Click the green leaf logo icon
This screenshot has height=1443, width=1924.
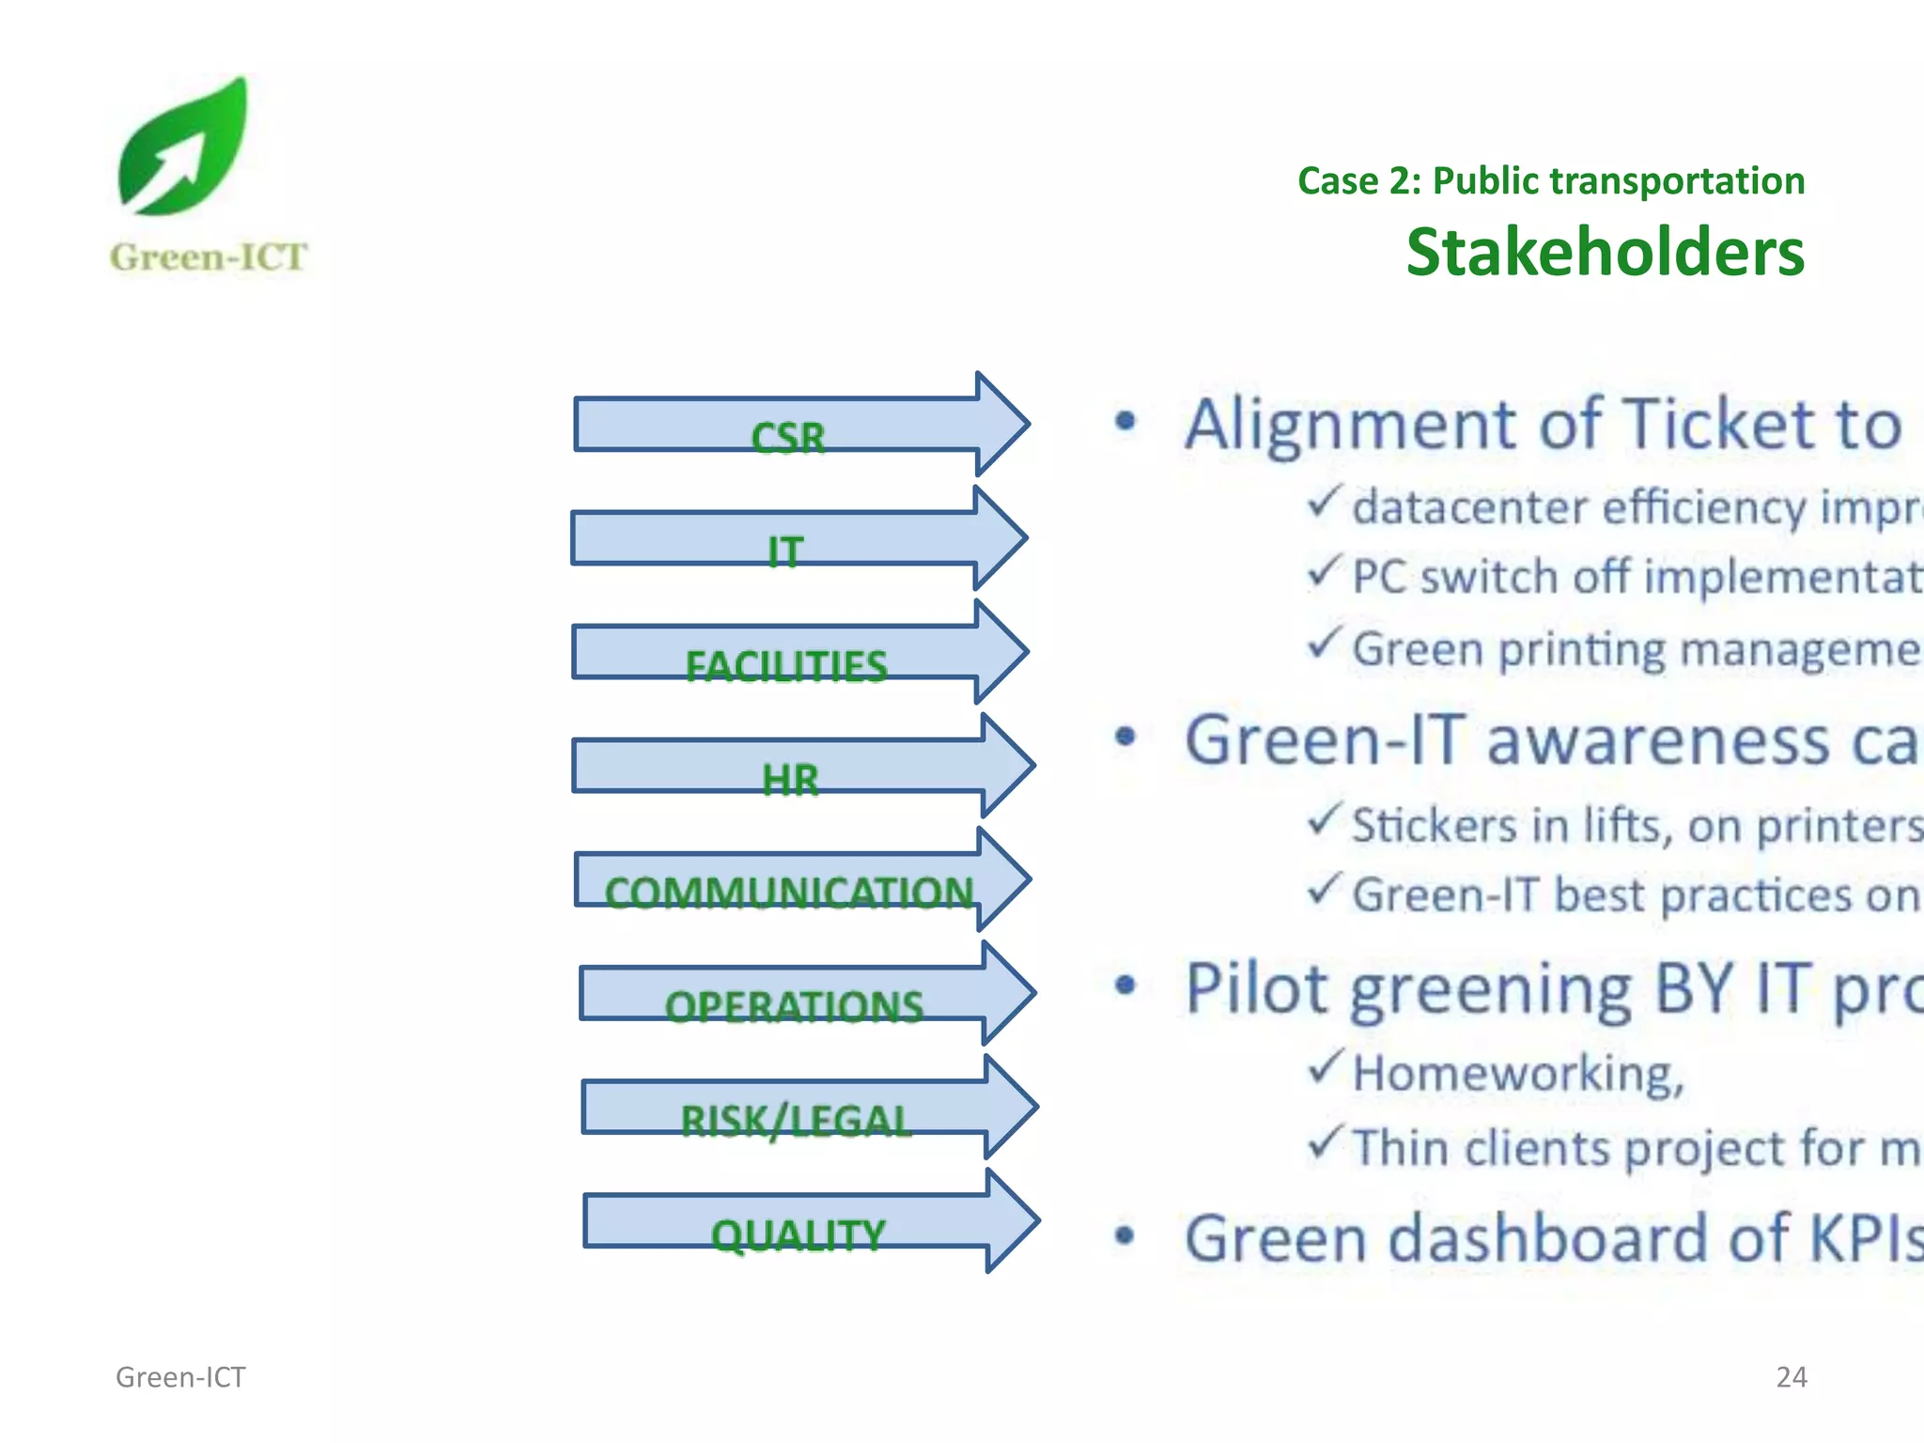point(184,147)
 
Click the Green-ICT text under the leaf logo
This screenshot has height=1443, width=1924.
point(208,257)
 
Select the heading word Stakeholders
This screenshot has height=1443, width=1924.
point(1605,253)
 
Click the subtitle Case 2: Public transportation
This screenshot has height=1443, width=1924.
point(1550,180)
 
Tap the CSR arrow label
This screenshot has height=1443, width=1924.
point(787,438)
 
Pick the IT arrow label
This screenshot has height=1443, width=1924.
point(785,551)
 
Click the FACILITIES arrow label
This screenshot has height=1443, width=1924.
point(785,666)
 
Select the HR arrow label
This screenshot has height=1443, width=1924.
point(790,780)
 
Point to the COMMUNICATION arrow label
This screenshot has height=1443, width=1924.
point(788,892)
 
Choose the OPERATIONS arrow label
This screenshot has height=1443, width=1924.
point(794,1007)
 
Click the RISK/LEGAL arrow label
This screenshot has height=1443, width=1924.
point(796,1121)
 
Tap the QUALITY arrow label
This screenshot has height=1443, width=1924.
point(798,1234)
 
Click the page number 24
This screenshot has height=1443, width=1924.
point(1791,1377)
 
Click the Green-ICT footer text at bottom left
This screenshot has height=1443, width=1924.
point(180,1377)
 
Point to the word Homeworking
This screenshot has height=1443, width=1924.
point(1517,1074)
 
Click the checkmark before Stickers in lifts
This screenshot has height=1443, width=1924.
point(1323,819)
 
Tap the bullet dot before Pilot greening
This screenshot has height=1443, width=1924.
point(1125,985)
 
